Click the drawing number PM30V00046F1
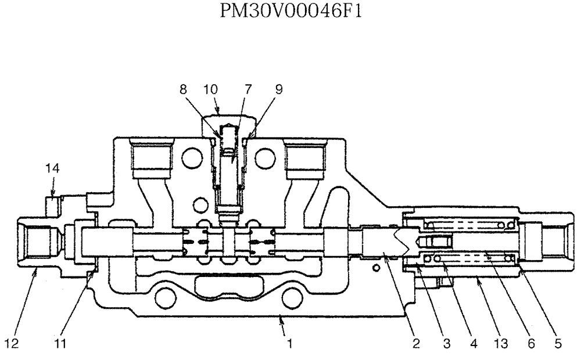click(x=290, y=12)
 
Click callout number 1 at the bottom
click(x=289, y=343)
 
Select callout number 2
click(x=416, y=343)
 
